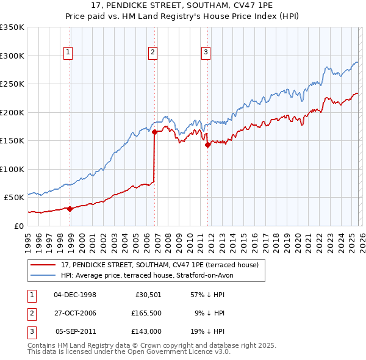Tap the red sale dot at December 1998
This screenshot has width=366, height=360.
click(x=70, y=209)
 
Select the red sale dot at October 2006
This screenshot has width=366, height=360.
click(x=154, y=131)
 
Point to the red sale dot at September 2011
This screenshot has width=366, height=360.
click(x=207, y=145)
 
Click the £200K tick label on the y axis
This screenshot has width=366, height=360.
click(x=12, y=112)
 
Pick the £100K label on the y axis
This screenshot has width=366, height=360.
click(x=12, y=169)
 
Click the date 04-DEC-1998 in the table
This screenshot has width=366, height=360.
click(x=75, y=295)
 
